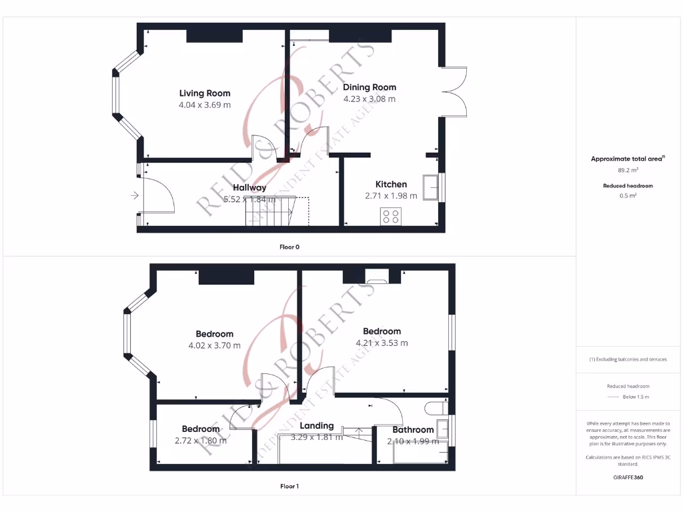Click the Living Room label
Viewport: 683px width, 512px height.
point(204,93)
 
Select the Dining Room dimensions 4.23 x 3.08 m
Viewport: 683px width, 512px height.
point(369,99)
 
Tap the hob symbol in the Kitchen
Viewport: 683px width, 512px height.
point(390,215)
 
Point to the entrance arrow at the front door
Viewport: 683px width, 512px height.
point(135,195)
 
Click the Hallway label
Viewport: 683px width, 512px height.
point(249,188)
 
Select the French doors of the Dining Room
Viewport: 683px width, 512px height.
point(454,91)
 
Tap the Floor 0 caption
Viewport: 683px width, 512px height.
point(289,247)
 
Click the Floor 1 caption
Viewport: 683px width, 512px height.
point(289,486)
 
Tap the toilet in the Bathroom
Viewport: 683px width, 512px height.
point(435,407)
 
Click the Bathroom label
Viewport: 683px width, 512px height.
point(413,429)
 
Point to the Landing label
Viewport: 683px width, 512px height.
point(317,425)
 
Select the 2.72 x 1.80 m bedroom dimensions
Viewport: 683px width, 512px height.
point(200,441)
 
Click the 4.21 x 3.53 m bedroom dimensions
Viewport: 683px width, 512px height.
point(382,343)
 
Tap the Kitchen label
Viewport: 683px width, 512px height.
point(391,184)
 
